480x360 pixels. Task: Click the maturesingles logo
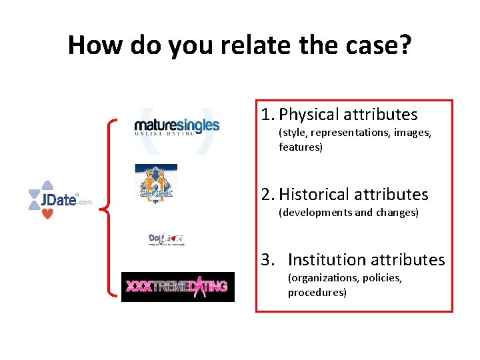coord(177,127)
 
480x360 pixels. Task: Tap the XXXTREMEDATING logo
coord(177,287)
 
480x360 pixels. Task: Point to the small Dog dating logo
coord(165,239)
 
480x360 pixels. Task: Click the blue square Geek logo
coord(156,183)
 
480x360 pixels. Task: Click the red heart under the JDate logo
coord(47,214)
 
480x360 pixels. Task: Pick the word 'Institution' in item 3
coord(325,259)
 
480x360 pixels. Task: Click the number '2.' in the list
coord(268,194)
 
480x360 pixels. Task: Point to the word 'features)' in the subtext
coord(301,147)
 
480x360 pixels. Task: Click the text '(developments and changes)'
coord(348,212)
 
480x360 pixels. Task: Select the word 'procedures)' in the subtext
coord(317,292)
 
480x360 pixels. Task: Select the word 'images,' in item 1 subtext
coord(413,133)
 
